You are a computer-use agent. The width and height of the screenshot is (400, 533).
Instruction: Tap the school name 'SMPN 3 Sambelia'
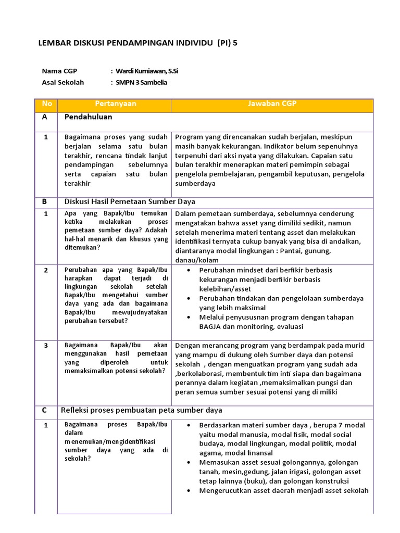coord(142,82)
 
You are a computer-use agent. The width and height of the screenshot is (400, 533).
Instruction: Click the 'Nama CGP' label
coord(59,71)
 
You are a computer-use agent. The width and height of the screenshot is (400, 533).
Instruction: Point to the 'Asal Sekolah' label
coord(63,82)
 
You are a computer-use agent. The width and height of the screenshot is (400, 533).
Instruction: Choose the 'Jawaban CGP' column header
coord(272,104)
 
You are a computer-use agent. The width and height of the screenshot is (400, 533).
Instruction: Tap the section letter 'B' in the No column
coord(45,202)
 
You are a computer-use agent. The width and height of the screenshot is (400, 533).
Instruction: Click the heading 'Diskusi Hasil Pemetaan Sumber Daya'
coord(130,202)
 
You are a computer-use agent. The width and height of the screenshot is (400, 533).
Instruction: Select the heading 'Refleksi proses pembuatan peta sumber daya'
coord(141,410)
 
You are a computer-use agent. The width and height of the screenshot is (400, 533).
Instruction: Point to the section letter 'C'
coord(45,410)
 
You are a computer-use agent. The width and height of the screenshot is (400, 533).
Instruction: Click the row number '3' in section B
coord(46,346)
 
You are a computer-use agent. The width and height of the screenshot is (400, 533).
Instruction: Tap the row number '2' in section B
coord(46,270)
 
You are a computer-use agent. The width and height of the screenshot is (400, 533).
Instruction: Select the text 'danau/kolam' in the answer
coord(197,260)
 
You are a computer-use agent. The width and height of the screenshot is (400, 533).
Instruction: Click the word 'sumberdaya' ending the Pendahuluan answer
coord(195,184)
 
